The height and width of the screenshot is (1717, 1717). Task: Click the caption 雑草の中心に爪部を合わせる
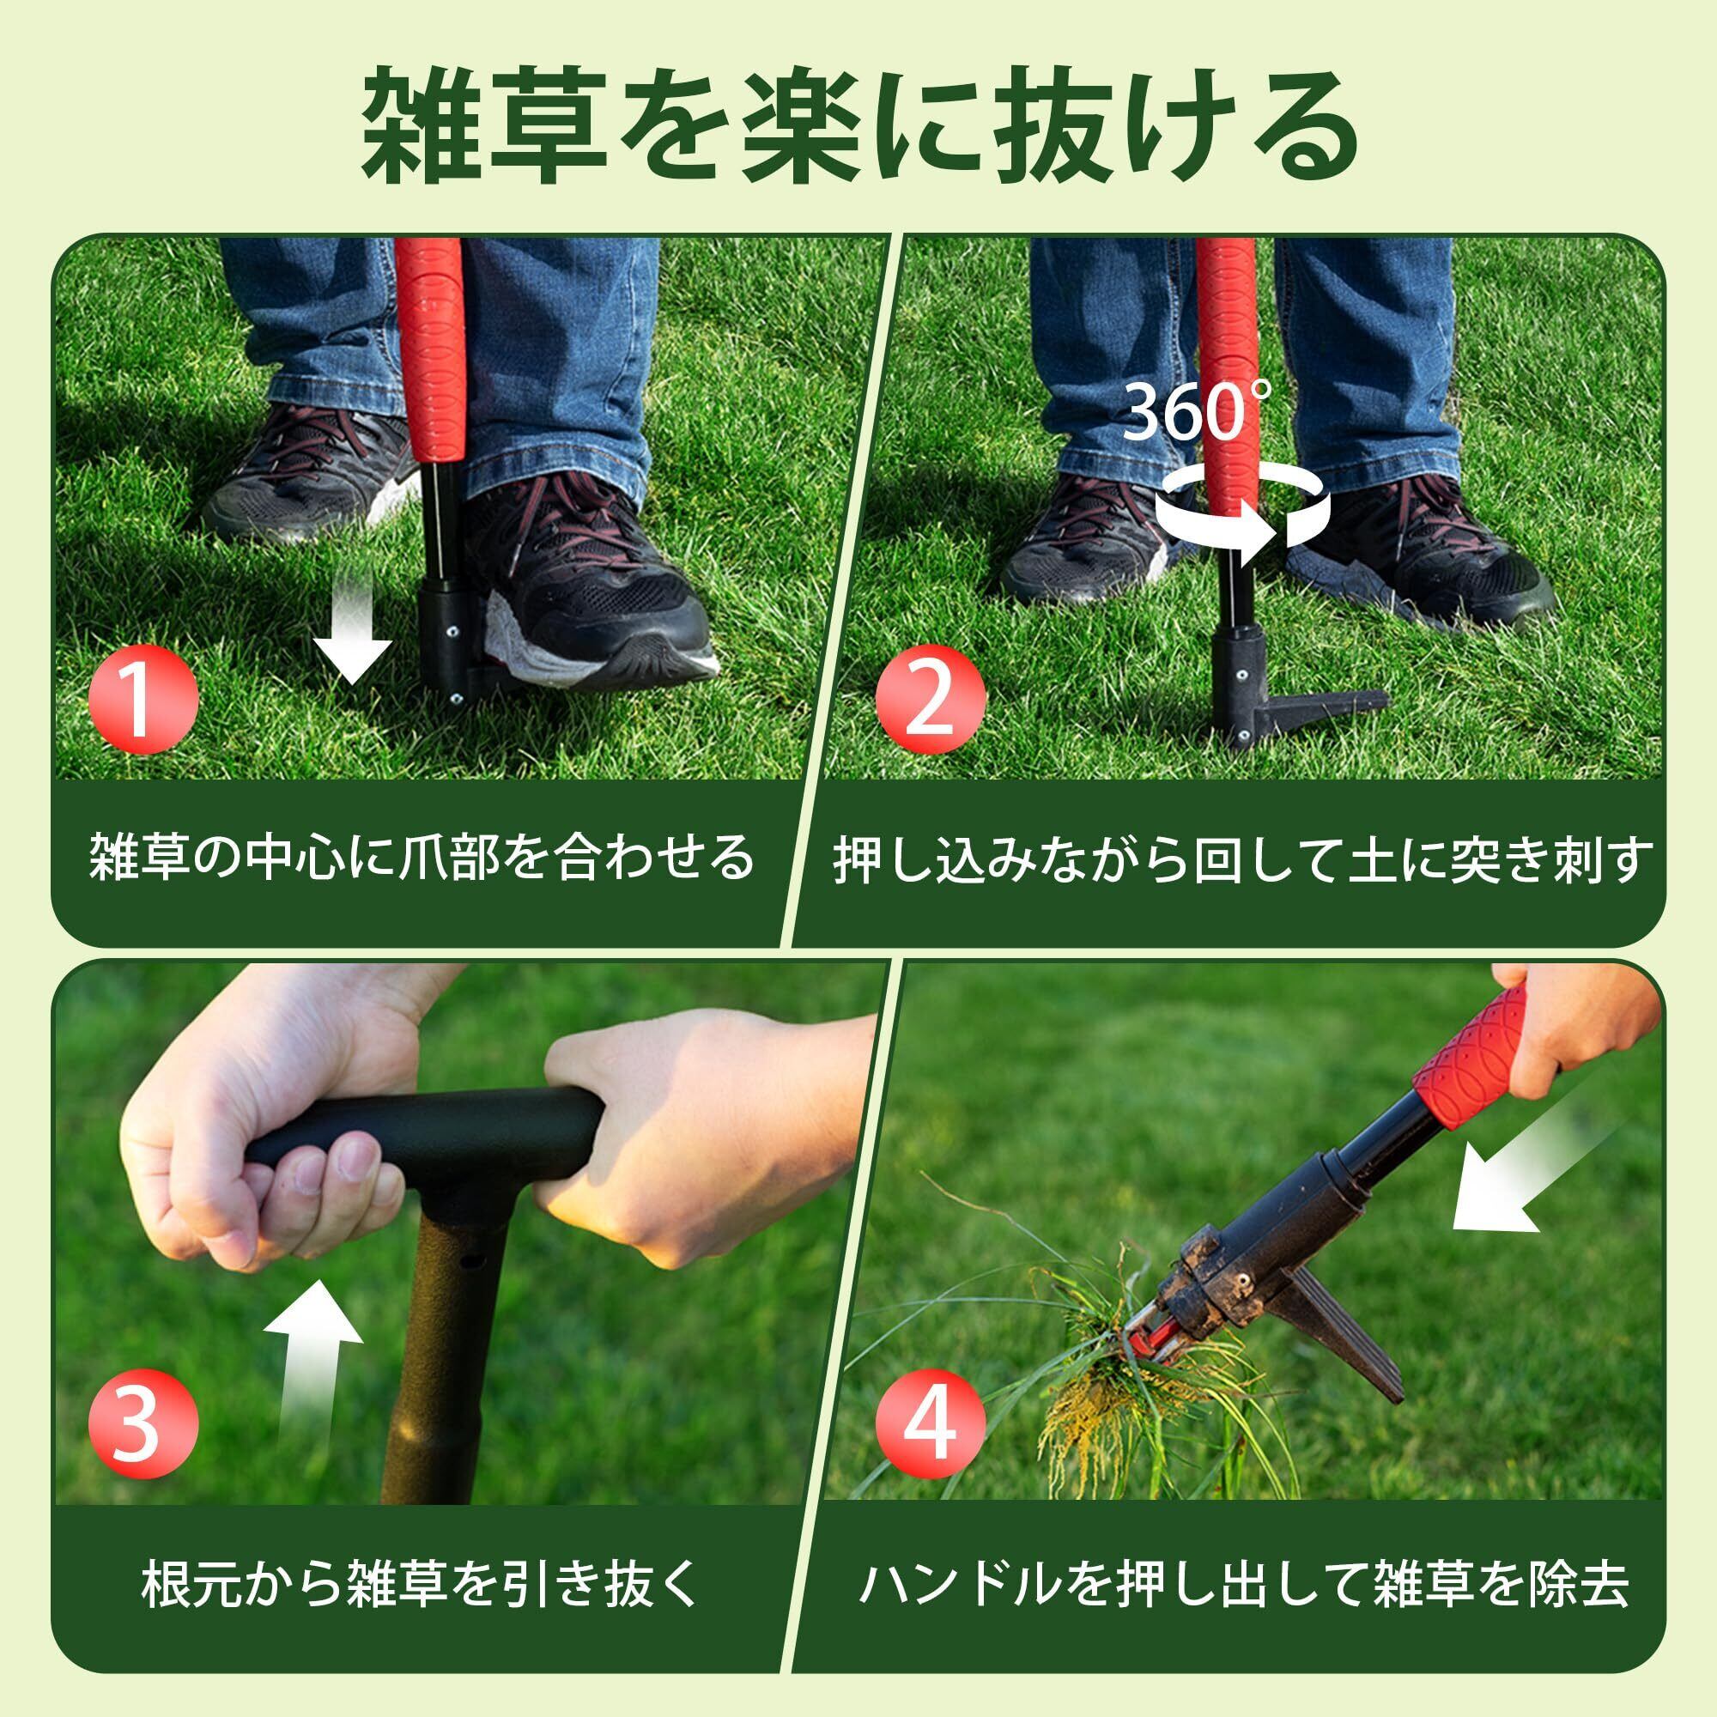tap(421, 857)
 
